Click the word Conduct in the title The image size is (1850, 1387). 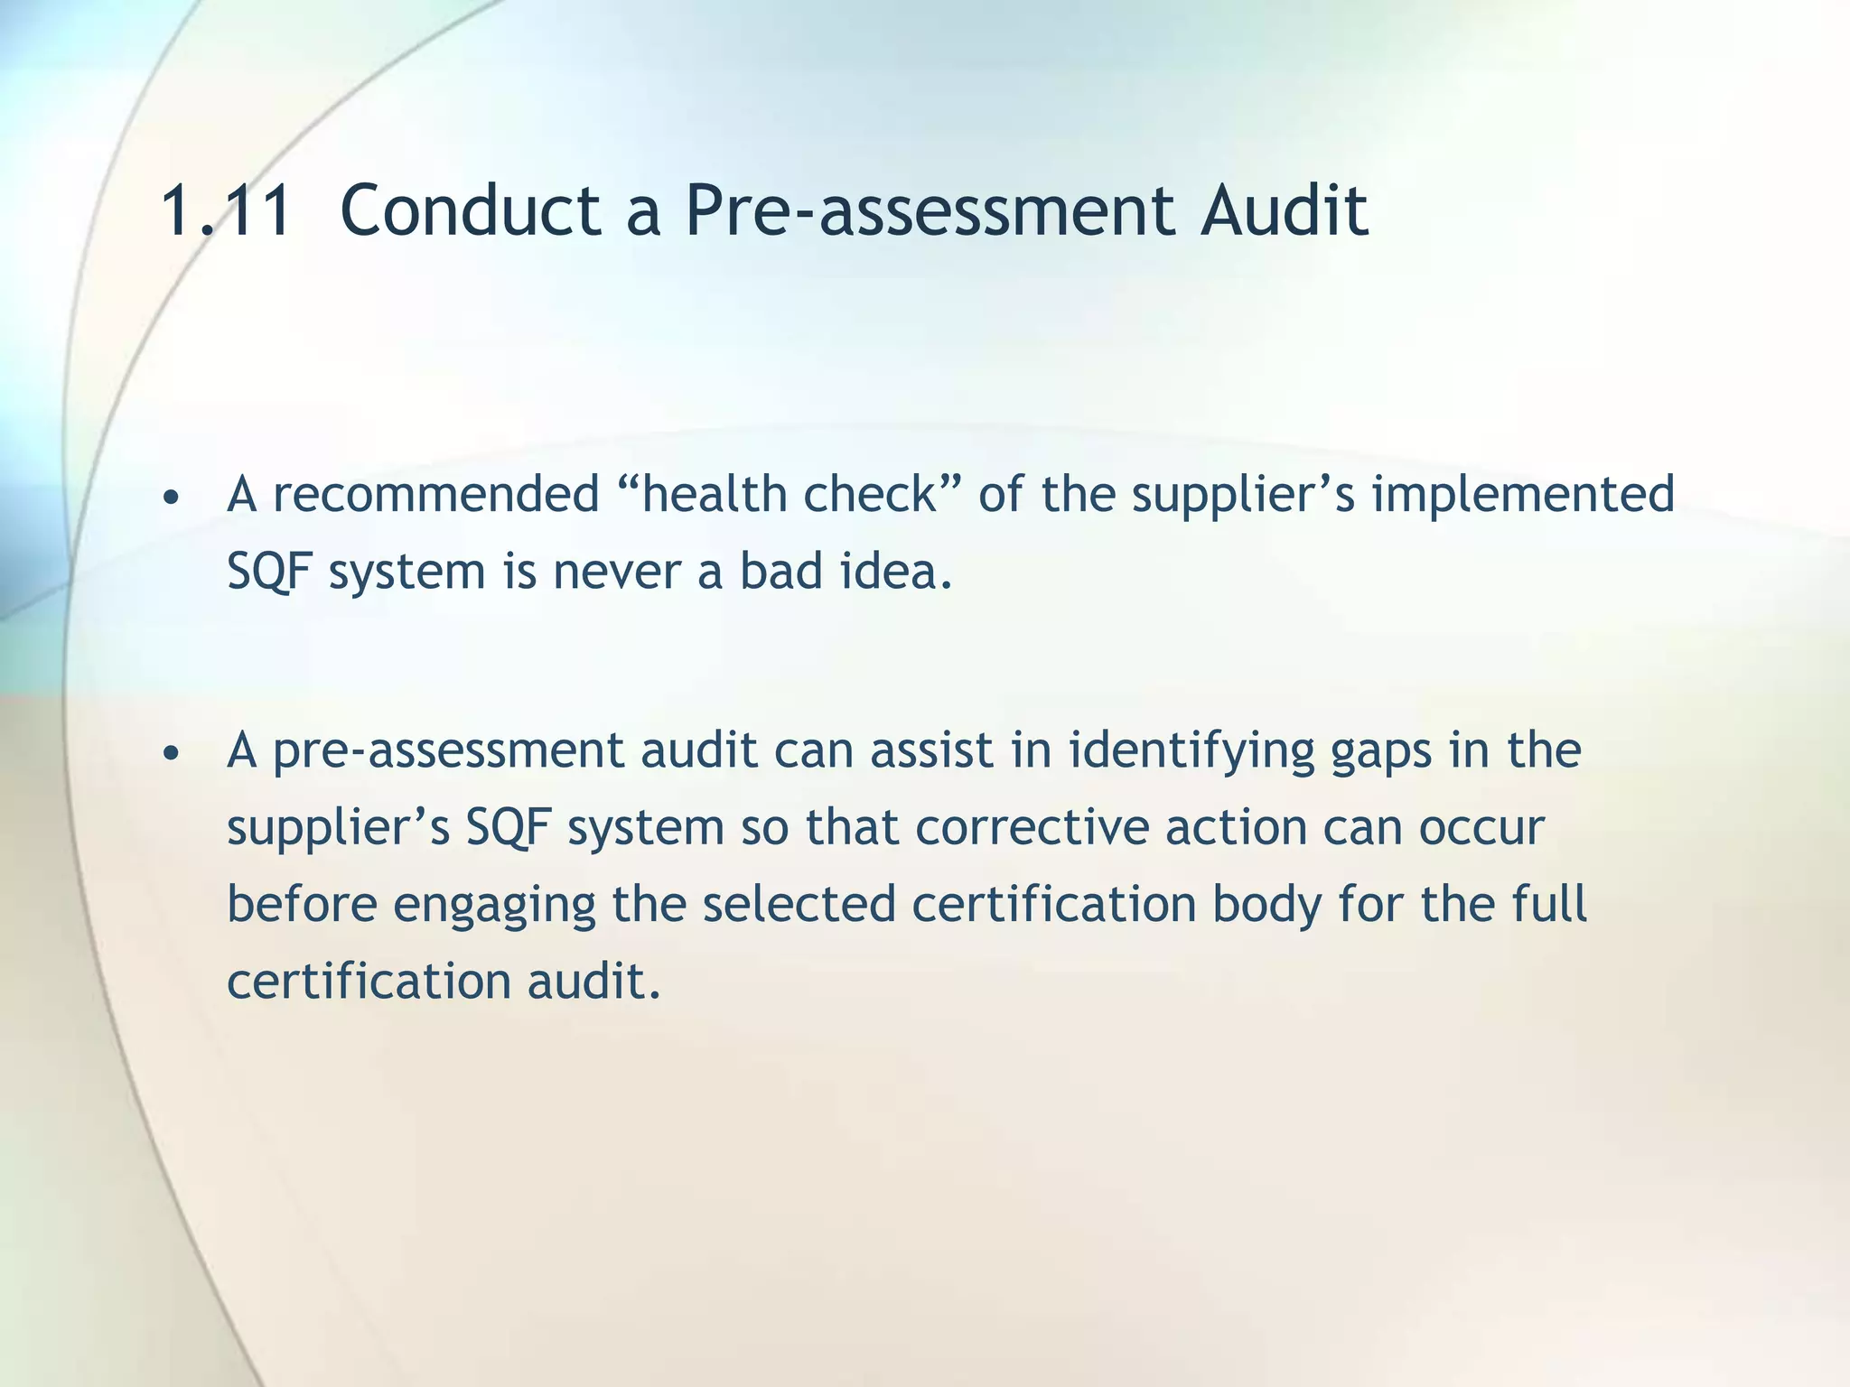(x=470, y=211)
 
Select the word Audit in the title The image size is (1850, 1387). (x=1283, y=211)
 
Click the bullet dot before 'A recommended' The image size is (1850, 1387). (x=172, y=498)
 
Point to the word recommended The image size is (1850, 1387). (x=436, y=495)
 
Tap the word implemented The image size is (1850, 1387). (x=1523, y=495)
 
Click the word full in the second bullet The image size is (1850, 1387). (x=1549, y=905)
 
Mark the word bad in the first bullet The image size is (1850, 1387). (x=778, y=572)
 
